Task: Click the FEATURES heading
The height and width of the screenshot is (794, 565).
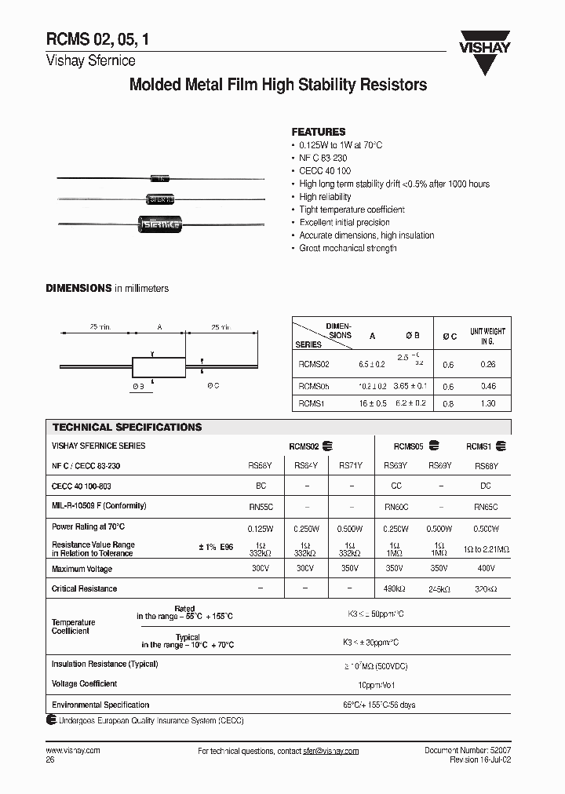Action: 318,132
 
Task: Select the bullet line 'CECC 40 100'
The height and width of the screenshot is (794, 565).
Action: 325,171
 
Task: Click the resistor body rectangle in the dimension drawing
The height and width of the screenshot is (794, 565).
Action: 158,367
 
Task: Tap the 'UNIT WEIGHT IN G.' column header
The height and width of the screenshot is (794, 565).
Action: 487,337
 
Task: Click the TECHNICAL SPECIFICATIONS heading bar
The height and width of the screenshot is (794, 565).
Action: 127,428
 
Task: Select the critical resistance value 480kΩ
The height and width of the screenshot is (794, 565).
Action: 396,588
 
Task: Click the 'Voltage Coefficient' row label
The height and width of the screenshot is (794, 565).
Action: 84,684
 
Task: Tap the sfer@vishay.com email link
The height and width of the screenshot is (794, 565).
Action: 330,752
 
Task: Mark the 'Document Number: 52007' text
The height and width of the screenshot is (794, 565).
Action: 467,751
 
